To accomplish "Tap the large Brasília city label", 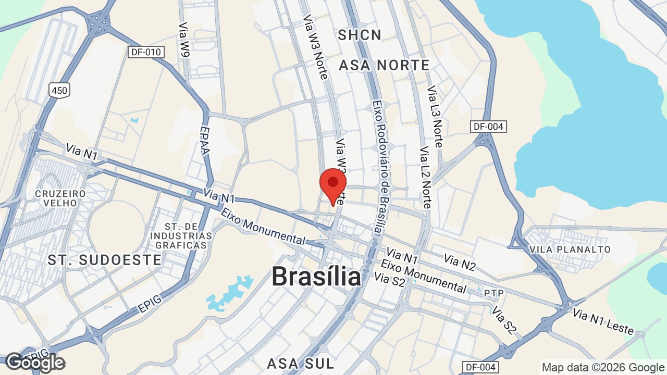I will coord(316,276).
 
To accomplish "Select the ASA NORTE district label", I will coord(384,65).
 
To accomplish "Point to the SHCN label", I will coord(360,35).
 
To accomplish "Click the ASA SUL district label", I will coord(300,363).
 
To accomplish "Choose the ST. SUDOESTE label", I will coord(104,260).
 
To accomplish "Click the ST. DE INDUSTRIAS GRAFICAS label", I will coord(181,235).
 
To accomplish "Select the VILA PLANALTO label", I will coord(570,249).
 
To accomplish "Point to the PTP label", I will coord(493,293).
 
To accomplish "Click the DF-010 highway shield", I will coord(146,52).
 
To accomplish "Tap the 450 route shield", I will coord(59,91).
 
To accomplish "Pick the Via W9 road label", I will coord(184,40).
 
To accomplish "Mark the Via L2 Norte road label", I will coord(425,178).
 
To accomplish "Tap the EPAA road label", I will coord(205,141).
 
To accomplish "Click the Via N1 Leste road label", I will coord(603,321).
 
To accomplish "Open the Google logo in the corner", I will coord(35,362).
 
